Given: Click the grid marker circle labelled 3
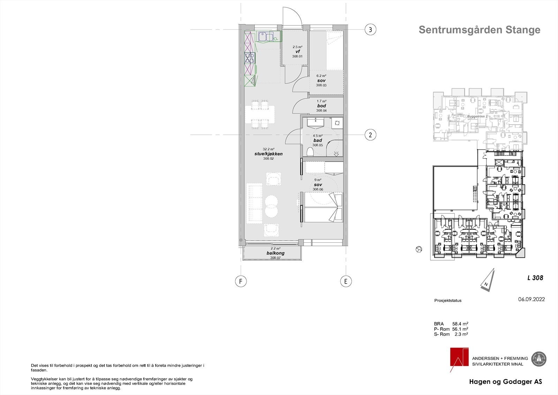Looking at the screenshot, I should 370,30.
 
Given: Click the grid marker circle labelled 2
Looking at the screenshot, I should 370,134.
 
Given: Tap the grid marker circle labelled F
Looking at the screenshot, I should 240,281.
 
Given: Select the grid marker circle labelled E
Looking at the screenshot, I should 346,281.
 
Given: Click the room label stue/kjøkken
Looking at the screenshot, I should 268,154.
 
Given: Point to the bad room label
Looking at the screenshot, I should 317,140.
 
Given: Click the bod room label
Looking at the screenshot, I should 321,106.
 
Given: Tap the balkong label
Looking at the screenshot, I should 276,253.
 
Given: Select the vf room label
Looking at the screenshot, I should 297,51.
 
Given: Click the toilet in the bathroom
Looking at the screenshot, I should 310,151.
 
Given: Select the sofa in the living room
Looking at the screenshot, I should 254,203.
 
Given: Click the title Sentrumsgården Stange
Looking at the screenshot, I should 479,30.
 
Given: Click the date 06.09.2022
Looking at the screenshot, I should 531,299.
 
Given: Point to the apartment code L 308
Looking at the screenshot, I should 535,278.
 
